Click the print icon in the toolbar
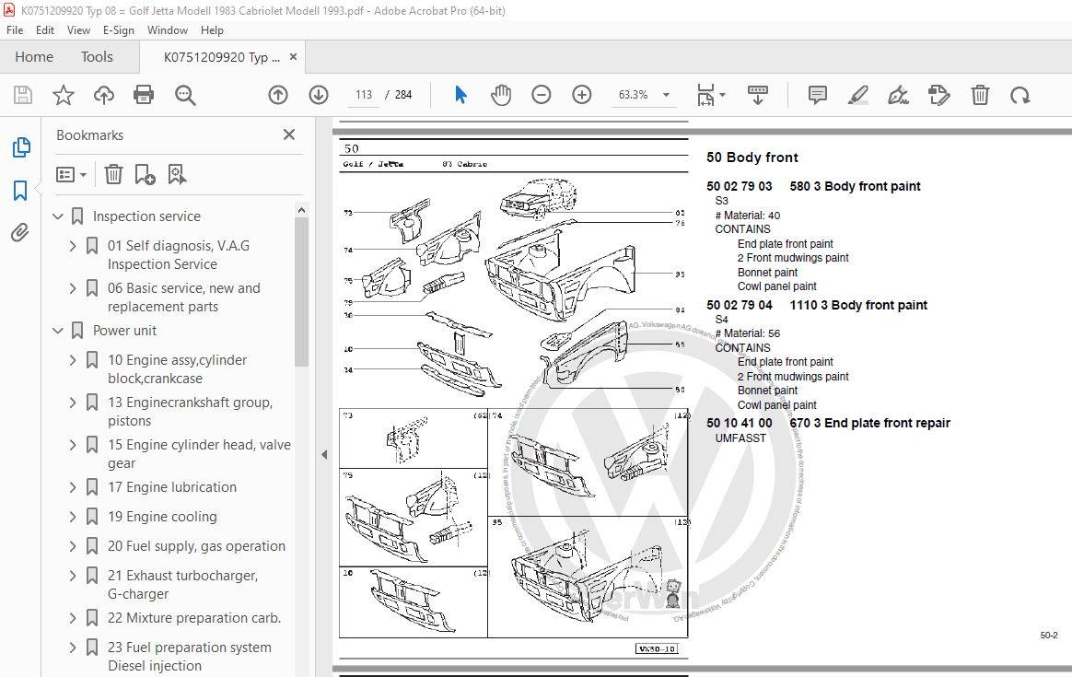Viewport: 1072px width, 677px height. click(x=144, y=95)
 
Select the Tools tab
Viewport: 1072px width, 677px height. click(x=97, y=57)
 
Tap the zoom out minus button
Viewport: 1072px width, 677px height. click(x=542, y=95)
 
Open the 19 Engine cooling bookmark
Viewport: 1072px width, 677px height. click(x=162, y=517)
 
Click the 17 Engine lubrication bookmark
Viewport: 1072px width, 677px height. click(x=171, y=487)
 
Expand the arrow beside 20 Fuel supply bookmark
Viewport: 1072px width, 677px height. click(x=73, y=546)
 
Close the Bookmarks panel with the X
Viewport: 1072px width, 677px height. click(x=289, y=135)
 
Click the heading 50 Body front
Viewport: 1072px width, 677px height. click(x=752, y=158)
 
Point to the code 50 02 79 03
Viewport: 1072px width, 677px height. click(x=739, y=186)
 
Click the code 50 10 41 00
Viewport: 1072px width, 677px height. click(x=739, y=423)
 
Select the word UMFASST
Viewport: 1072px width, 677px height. click(x=740, y=438)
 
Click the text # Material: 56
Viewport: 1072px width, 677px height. click(x=747, y=333)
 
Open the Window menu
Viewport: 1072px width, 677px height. click(x=168, y=30)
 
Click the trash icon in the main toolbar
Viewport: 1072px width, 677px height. click(x=981, y=95)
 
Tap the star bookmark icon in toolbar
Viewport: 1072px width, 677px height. click(x=63, y=95)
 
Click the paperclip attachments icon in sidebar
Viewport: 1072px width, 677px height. click(x=20, y=232)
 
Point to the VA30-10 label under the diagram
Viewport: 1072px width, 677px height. click(x=657, y=649)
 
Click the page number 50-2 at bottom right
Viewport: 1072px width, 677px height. click(x=1048, y=636)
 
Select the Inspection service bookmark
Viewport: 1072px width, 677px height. click(x=146, y=216)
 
